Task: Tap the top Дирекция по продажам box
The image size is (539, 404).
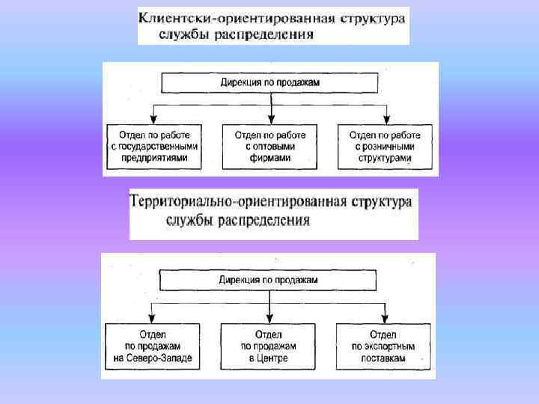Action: tap(269, 82)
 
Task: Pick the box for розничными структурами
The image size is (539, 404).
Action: tap(385, 146)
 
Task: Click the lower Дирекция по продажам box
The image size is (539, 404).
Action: tap(269, 280)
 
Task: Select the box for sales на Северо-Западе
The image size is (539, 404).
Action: tap(153, 346)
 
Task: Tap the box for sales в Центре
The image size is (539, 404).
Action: tap(269, 346)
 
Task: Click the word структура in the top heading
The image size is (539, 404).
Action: tap(374, 16)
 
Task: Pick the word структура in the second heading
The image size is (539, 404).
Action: tap(382, 202)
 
